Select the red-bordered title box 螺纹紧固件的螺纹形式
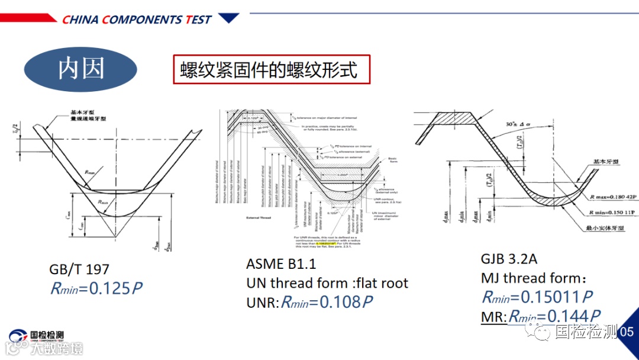point(272,69)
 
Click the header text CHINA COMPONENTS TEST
point(137,20)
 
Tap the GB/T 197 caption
point(79,269)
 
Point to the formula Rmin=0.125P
point(96,288)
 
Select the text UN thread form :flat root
point(327,283)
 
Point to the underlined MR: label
point(494,317)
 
